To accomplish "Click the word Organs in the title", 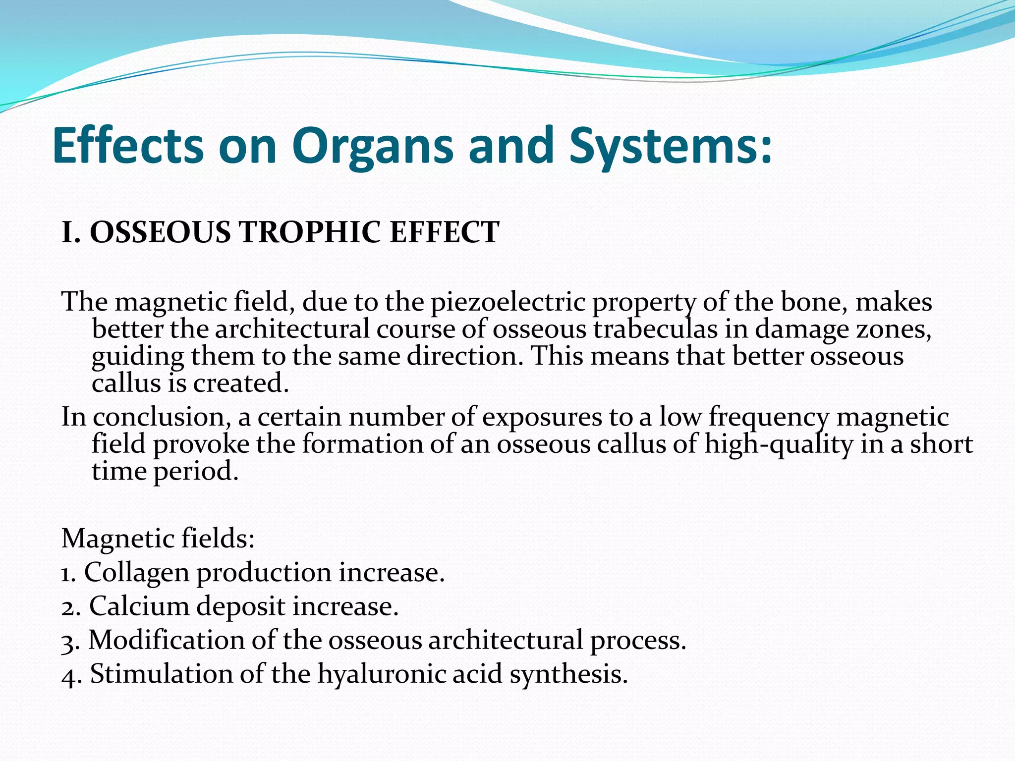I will point(372,146).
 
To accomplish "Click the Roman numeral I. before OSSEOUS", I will point(71,232).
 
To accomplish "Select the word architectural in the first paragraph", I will point(292,329).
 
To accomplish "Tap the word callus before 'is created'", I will point(126,383).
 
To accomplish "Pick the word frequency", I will point(769,417).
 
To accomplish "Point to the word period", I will point(195,471).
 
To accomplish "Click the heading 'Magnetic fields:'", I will point(158,539).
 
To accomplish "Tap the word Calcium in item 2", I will point(138,606).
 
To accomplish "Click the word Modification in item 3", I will point(167,640).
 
